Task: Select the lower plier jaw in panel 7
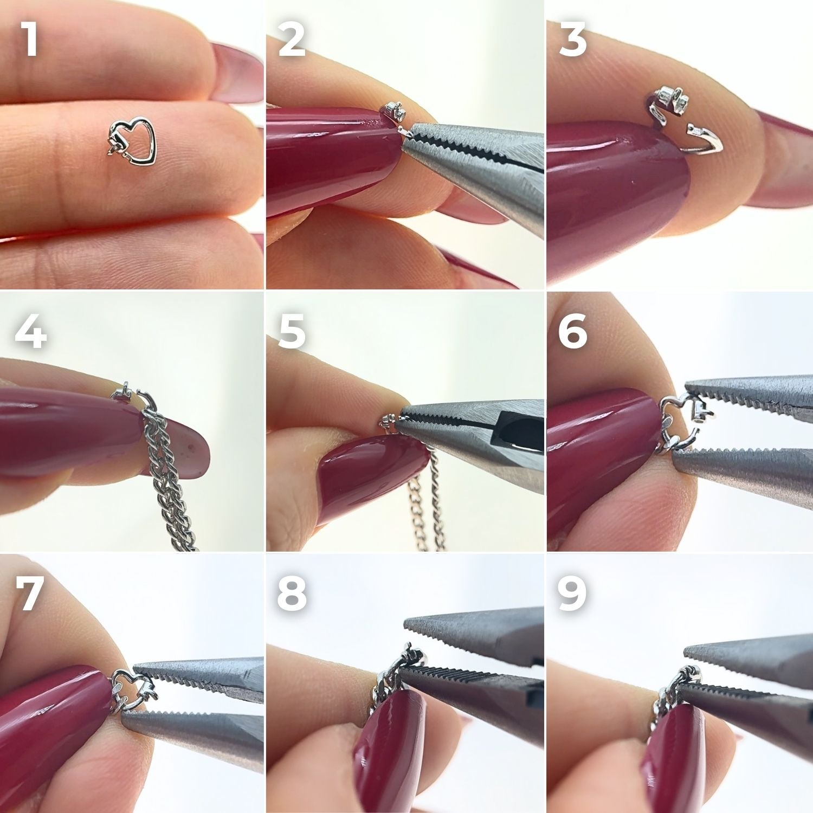tap(192, 732)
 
